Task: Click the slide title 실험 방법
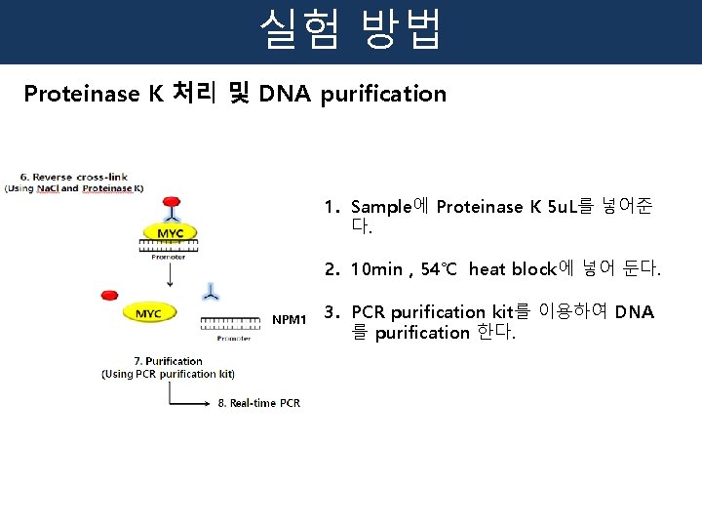[x=350, y=30]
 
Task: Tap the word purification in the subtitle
[x=383, y=95]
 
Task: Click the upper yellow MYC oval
[x=171, y=233]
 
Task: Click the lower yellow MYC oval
[x=148, y=313]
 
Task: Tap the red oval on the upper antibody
[x=172, y=201]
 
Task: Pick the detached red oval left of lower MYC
[x=109, y=295]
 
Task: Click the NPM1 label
[x=290, y=319]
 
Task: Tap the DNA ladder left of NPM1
[x=231, y=321]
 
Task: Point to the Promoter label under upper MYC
[x=172, y=257]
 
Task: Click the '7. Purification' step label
[x=168, y=361]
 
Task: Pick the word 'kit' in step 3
[x=502, y=312]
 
